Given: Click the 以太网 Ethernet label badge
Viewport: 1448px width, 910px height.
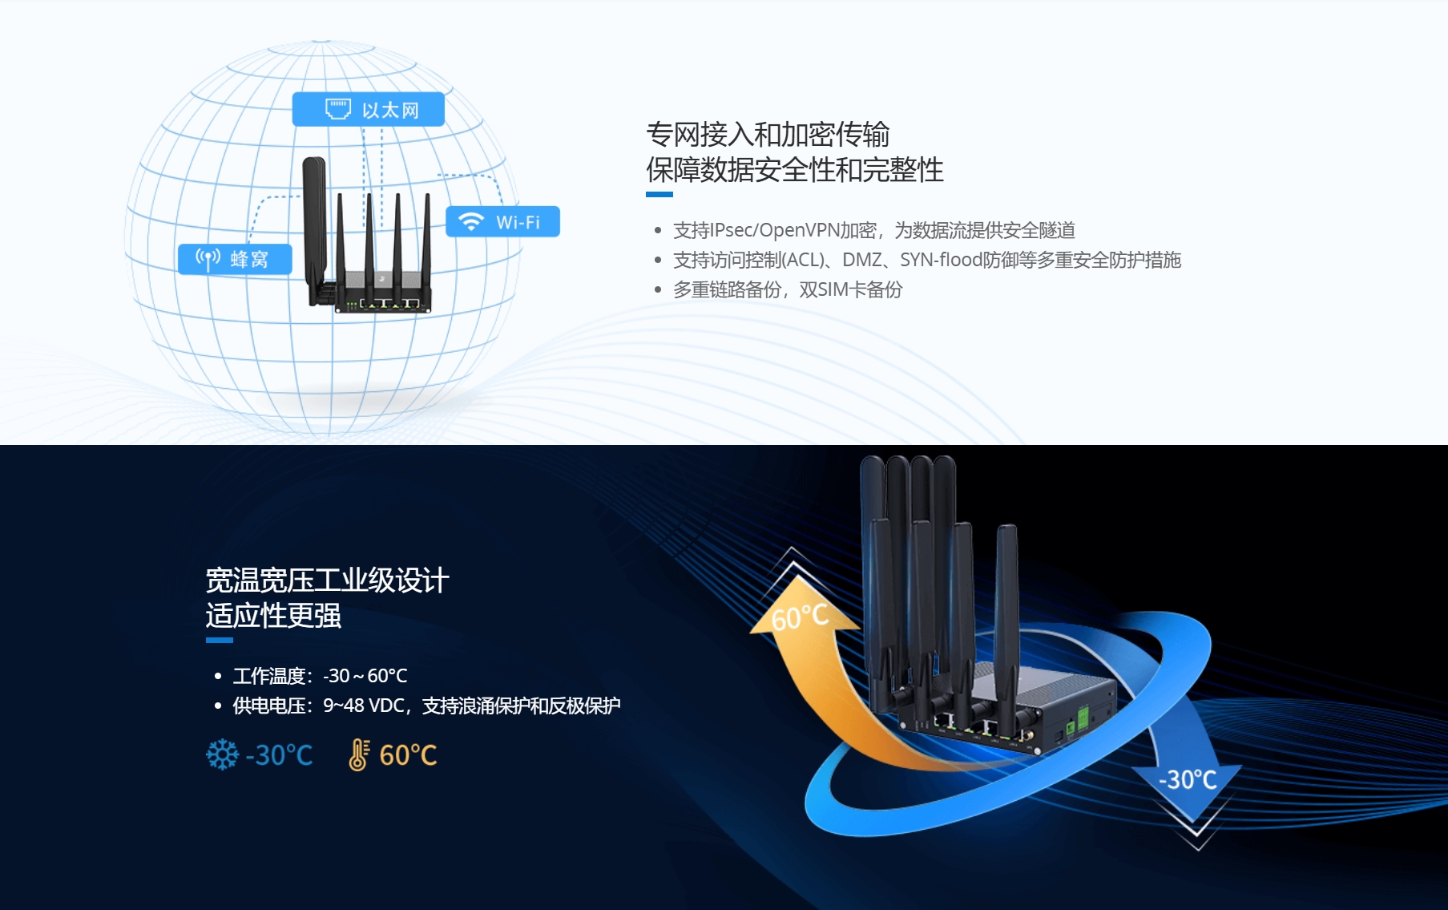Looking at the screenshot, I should [x=368, y=109].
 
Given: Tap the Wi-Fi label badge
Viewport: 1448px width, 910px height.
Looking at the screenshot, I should [x=502, y=222].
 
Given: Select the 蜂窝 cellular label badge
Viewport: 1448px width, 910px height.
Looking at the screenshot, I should [x=235, y=259].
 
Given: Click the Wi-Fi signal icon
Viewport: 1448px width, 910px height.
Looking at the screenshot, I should [x=471, y=222].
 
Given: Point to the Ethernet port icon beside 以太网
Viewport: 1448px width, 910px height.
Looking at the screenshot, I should [x=337, y=109].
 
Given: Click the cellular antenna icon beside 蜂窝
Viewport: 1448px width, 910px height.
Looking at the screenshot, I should [x=208, y=259].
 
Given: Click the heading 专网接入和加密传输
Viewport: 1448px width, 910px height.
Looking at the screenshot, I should [x=768, y=135].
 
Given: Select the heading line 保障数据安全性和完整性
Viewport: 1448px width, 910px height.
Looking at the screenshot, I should [x=795, y=170].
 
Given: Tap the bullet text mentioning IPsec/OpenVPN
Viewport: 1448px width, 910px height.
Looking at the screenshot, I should [x=874, y=231].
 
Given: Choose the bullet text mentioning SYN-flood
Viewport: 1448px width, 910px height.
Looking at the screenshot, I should [x=927, y=260].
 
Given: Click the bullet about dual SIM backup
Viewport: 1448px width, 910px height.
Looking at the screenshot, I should [x=788, y=289].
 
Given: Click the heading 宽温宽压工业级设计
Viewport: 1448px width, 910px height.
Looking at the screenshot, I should [x=327, y=580].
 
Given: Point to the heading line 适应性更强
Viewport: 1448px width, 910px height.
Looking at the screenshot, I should [x=273, y=616].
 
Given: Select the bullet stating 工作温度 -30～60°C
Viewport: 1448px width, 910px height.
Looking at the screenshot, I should [x=320, y=676].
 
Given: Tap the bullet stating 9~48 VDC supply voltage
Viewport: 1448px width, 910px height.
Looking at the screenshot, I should [x=426, y=706].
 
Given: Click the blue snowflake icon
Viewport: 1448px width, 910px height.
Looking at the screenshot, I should [x=222, y=754].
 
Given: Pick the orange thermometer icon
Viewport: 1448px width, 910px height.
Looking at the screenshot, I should [x=358, y=754].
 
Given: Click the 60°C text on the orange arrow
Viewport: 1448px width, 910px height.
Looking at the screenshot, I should [x=800, y=617].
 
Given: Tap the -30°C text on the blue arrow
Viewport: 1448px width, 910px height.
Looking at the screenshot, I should [x=1188, y=779].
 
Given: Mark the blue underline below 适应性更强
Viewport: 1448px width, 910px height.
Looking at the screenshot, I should [x=219, y=640].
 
